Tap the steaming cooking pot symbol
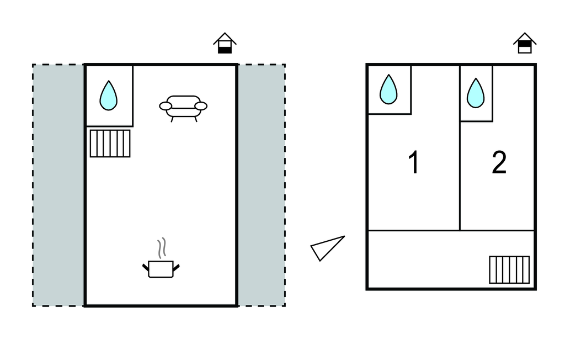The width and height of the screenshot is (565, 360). click(161, 258)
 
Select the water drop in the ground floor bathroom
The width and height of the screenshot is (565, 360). click(109, 96)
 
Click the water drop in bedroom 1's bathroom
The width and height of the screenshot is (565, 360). click(388, 89)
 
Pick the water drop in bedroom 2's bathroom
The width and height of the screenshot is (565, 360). click(476, 93)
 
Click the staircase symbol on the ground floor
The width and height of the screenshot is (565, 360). click(110, 144)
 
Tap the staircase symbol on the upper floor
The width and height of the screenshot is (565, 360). click(509, 270)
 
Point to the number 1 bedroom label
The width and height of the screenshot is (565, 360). click(414, 162)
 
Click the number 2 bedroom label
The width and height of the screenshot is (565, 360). click(499, 162)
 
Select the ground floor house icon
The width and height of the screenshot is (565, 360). click(225, 43)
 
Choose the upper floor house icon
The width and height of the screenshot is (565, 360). click(525, 43)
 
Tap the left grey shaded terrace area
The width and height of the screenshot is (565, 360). click(58, 186)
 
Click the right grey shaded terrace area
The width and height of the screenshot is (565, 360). click(262, 186)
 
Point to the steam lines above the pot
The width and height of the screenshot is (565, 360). click(162, 247)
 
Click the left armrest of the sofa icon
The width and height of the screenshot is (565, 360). click(166, 106)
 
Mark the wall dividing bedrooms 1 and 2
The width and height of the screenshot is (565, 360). click(460, 148)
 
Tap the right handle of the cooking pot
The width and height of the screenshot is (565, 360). click(176, 268)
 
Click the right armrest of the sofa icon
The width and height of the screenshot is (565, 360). click(201, 106)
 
